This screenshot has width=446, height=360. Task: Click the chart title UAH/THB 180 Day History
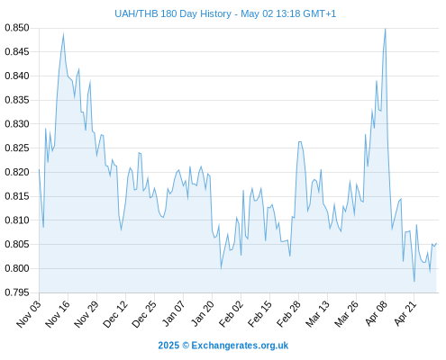173,13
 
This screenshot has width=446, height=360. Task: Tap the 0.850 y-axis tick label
17,28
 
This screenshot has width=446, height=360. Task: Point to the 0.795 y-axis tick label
17,292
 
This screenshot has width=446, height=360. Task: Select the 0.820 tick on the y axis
17,172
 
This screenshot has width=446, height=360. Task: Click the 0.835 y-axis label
17,100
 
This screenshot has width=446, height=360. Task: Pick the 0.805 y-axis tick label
17,244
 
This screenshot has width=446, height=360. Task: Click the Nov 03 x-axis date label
29,314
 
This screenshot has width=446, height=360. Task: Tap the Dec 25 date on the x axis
144,314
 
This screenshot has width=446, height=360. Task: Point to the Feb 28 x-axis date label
288,314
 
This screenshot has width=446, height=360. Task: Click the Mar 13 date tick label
317,314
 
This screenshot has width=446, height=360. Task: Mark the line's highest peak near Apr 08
386,29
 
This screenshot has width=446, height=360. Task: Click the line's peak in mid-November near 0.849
63,33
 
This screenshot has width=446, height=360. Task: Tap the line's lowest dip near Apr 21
414,282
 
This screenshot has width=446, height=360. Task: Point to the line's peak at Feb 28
300,141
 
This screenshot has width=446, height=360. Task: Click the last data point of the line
436,243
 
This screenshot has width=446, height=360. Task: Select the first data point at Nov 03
39,169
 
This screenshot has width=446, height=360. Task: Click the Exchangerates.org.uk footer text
240,346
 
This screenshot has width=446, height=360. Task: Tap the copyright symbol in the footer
186,346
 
